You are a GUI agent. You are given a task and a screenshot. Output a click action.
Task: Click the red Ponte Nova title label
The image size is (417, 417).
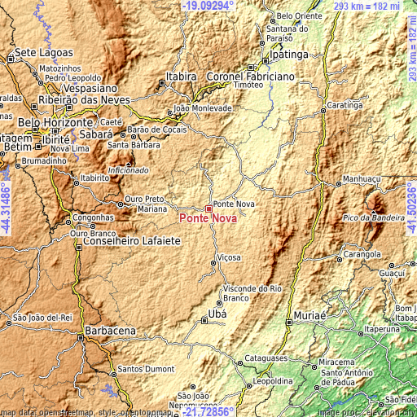[204, 219]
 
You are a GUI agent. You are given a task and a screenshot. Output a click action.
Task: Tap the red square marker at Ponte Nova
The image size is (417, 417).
[208, 208]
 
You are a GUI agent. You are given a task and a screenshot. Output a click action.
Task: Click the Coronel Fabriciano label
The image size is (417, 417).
[227, 76]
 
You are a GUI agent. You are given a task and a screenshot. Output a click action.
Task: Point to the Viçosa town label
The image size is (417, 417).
[228, 257]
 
